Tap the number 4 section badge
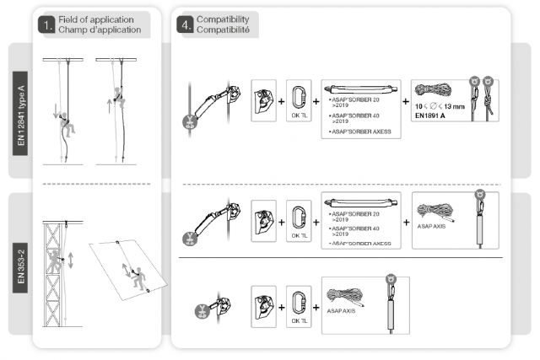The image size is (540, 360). [184, 24]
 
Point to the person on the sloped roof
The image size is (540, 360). [132, 271]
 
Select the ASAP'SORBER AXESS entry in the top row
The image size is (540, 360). [360, 132]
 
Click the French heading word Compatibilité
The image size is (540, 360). [223, 30]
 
